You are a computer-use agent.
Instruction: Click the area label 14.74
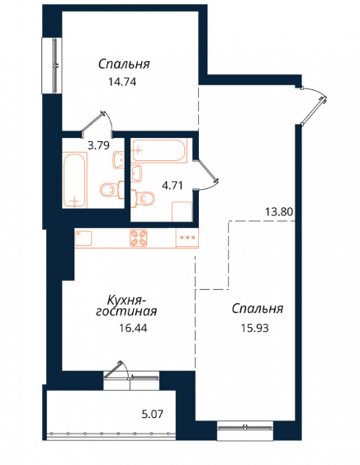[x=122, y=82]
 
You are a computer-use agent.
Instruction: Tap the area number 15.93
[x=255, y=328]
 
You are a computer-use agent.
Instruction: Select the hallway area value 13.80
[x=279, y=212]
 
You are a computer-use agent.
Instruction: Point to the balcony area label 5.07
[x=153, y=414]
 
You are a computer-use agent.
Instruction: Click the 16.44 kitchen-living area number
[x=133, y=328]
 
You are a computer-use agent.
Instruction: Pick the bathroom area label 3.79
[x=99, y=145]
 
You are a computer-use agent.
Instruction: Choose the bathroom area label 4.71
[x=172, y=186]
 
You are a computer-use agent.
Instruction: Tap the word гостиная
[x=126, y=312]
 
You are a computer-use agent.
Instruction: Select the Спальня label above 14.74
[x=124, y=64]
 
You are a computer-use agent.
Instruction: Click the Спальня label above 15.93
[x=258, y=309]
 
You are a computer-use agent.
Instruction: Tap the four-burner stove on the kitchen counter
[x=138, y=238]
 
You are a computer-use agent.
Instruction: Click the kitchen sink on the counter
[x=83, y=238]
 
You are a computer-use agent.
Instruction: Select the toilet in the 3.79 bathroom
[x=112, y=189]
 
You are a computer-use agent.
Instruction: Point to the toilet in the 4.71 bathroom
[x=143, y=198]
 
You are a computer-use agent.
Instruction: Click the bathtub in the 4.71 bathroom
[x=159, y=150]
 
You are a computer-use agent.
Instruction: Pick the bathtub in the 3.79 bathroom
[x=74, y=180]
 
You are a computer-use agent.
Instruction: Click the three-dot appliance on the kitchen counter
[x=187, y=238]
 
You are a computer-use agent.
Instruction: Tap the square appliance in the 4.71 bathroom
[x=182, y=211]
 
